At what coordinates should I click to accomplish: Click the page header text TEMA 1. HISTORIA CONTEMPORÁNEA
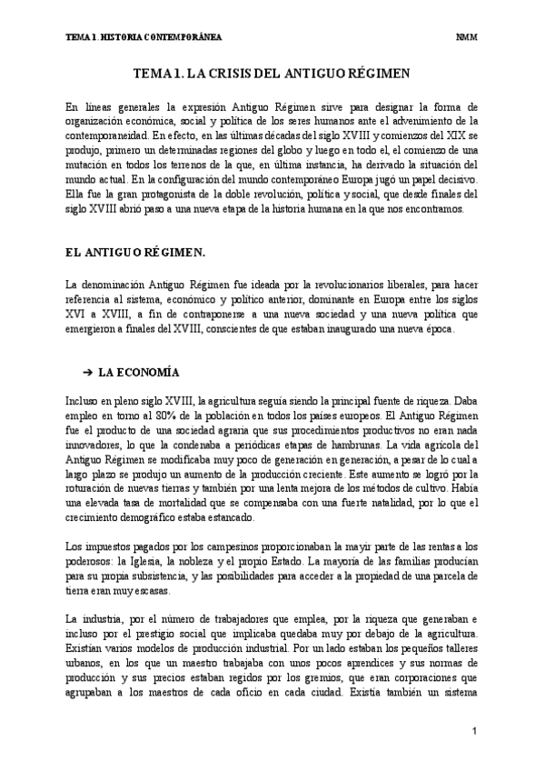pos(144,37)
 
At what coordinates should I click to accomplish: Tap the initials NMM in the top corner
pos(467,37)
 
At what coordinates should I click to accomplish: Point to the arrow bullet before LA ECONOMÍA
pos(89,373)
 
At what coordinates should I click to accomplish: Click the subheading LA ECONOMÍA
pos(139,373)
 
